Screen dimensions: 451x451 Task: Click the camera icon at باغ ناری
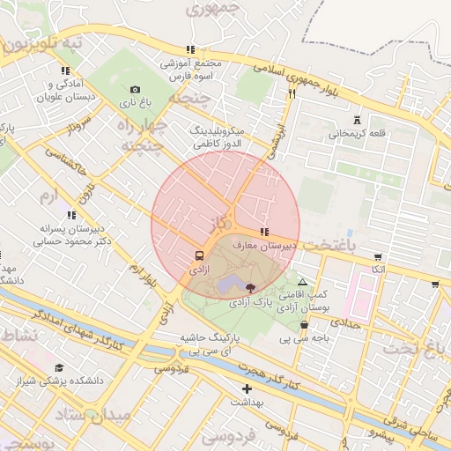(135, 89)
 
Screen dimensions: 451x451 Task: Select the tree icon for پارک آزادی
(251, 288)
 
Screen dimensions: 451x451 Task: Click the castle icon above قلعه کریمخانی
(357, 120)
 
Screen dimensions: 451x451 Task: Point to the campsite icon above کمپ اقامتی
(303, 282)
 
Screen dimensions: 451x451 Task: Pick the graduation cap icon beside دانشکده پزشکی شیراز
(59, 368)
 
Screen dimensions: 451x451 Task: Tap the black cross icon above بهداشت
(247, 388)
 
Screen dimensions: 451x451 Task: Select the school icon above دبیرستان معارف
(264, 232)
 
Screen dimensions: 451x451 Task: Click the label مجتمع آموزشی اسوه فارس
(191, 70)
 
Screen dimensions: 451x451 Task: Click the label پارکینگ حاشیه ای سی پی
(188, 344)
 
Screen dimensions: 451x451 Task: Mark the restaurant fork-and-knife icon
(292, 93)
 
